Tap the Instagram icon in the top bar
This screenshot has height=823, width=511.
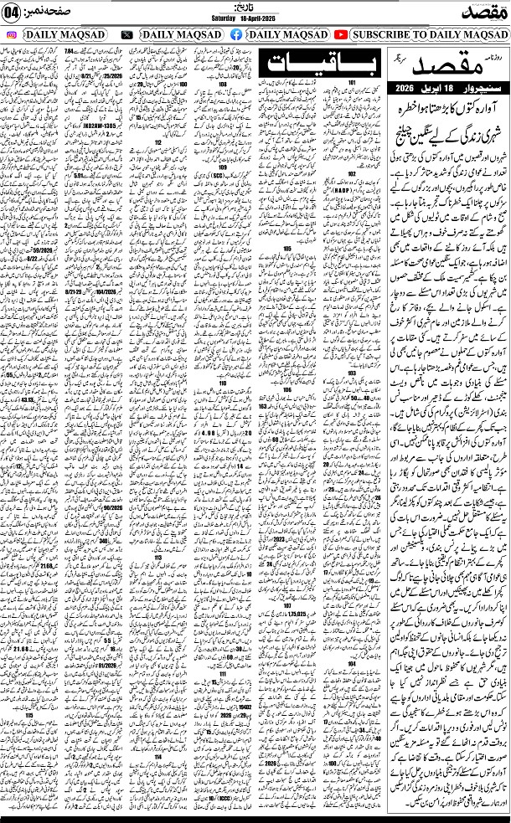[x=11, y=35]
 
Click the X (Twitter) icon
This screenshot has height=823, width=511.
[x=126, y=35]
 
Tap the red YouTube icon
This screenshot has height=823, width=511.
[x=341, y=35]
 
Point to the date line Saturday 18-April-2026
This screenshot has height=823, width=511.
[x=255, y=20]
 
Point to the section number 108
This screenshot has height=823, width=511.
[x=223, y=85]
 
